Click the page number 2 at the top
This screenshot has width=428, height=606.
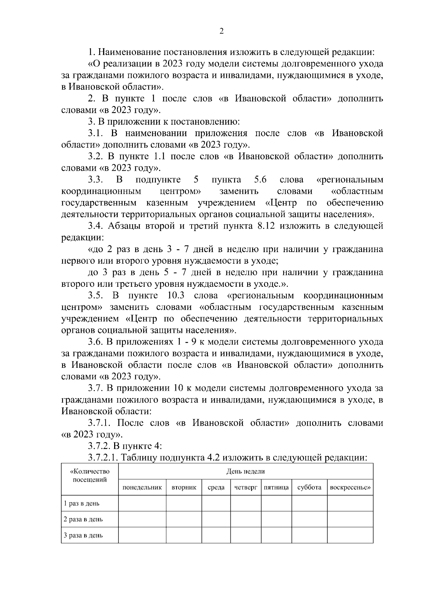[221, 31]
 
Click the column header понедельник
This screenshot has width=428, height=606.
[142, 487]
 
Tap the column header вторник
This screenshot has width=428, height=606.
[184, 487]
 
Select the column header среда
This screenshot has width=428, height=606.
[216, 487]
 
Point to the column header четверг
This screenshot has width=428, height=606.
[246, 487]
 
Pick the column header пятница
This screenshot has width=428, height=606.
[276, 487]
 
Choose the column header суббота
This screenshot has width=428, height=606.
[309, 487]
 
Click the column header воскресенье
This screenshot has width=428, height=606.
[350, 487]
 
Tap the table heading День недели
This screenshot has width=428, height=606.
[245, 471]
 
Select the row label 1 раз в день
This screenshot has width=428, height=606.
[81, 504]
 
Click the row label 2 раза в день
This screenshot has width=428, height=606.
[83, 519]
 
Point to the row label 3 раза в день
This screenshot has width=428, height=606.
[83, 535]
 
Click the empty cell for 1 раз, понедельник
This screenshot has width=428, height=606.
[142, 504]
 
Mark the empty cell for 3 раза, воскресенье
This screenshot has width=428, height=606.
[350, 535]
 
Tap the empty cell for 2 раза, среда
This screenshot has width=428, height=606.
[216, 519]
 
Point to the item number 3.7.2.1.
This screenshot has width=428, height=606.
[103, 457]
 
